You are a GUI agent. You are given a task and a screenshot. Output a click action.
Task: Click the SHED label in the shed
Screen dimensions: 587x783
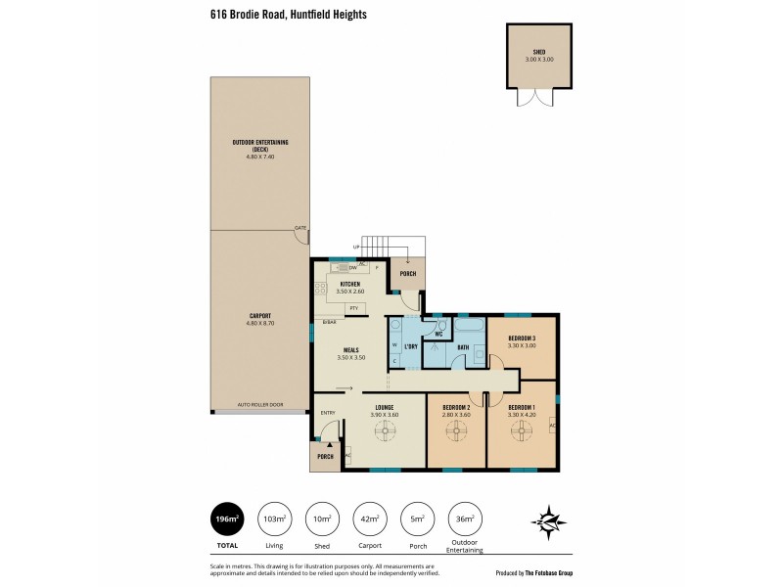539,53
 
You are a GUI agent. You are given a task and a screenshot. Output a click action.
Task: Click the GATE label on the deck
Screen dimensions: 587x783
299,228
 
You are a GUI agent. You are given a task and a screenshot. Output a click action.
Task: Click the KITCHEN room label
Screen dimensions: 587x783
350,284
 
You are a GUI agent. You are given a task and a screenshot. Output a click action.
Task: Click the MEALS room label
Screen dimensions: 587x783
350,350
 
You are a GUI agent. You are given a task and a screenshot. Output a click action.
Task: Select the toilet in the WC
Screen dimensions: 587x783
441,326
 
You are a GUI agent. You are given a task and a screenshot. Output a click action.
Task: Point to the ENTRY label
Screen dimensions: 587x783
328,413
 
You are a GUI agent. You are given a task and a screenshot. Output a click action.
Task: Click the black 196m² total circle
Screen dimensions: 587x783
227,519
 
